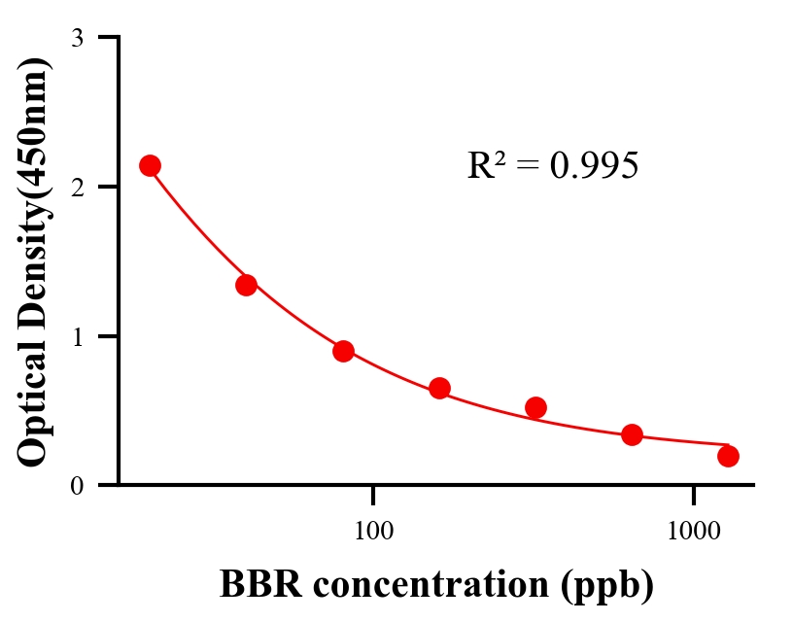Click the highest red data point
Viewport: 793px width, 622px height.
point(150,165)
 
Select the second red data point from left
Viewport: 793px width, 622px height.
point(246,285)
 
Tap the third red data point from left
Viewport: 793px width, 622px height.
point(343,351)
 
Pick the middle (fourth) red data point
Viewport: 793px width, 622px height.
point(439,388)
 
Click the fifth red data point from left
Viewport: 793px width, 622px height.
point(535,407)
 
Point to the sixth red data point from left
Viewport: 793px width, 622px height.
point(632,434)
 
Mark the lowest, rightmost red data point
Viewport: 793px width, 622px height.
point(728,456)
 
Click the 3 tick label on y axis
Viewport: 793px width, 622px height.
point(77,39)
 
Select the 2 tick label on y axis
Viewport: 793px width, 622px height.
point(77,188)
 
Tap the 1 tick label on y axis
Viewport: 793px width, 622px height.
point(77,337)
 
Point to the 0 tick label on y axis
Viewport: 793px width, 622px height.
point(77,486)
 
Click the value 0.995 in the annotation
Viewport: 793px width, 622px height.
point(594,166)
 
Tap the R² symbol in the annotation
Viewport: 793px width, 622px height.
point(486,165)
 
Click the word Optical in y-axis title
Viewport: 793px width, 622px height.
point(33,408)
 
